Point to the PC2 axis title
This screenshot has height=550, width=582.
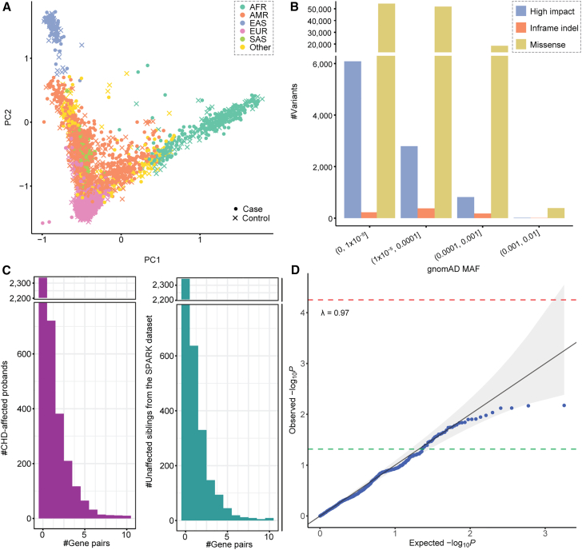coord(7,114)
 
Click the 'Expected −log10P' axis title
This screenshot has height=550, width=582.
coord(440,544)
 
